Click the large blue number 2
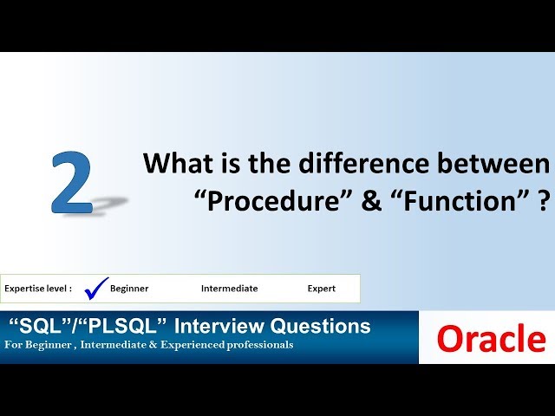click(x=71, y=182)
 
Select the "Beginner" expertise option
click(x=129, y=289)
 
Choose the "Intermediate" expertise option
click(x=229, y=289)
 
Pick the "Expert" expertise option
click(x=321, y=289)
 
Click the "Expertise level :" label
click(x=38, y=289)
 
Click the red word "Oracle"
click(x=491, y=339)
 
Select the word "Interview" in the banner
click(x=217, y=327)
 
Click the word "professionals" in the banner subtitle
click(x=259, y=346)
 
